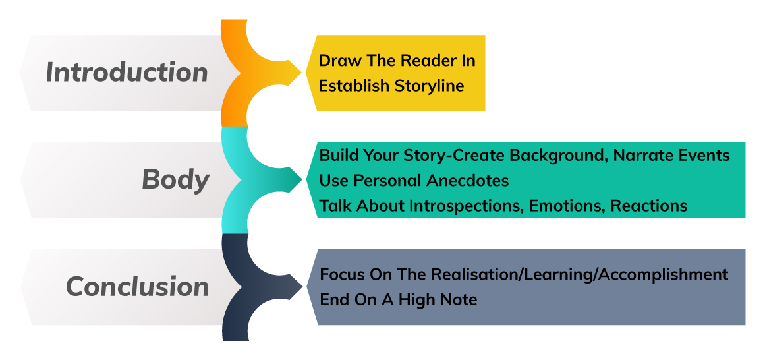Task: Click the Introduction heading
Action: point(127,73)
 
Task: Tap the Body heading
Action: point(176,180)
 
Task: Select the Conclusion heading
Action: point(138,286)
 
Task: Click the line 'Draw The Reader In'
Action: point(397,61)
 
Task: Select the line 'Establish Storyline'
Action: point(391,86)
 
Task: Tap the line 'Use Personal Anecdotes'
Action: point(414,181)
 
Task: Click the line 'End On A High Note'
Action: point(398,299)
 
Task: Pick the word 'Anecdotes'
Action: point(467,181)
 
